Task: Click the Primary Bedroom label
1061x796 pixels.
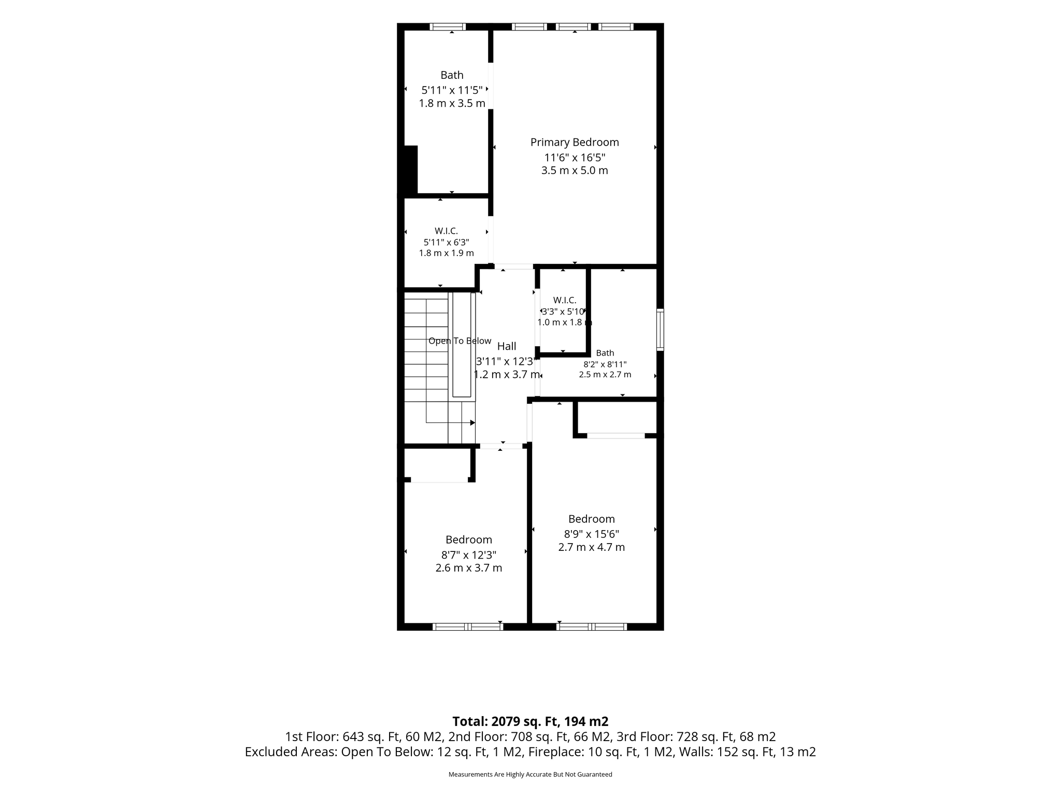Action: [575, 143]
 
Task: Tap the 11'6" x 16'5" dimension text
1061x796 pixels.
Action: [575, 157]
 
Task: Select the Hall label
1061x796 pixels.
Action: [507, 346]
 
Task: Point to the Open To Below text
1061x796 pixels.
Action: [460, 341]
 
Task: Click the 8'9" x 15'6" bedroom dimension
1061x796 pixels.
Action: [592, 534]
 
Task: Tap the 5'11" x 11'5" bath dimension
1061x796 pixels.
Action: [452, 90]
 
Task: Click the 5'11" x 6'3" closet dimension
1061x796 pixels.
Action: [447, 242]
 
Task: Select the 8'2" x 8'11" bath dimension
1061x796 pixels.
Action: [605, 364]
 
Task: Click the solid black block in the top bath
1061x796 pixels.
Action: [411, 170]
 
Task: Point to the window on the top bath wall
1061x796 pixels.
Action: [448, 27]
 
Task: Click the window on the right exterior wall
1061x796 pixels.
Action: [660, 330]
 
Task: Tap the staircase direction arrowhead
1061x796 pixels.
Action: [472, 423]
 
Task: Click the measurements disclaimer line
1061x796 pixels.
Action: [530, 774]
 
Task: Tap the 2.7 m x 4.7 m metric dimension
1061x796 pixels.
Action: [592, 547]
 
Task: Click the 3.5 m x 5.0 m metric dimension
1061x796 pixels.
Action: [575, 170]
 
